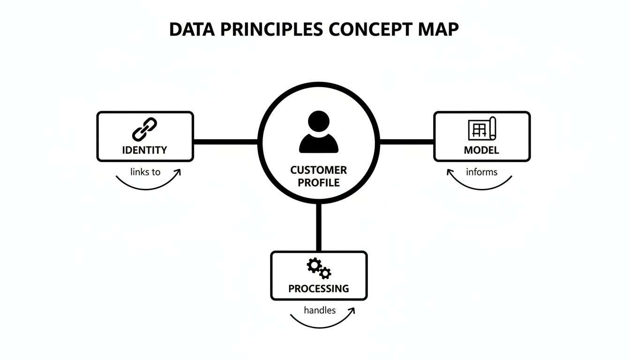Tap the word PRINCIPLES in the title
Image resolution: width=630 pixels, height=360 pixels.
(270, 29)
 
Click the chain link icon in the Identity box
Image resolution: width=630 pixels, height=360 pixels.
(144, 129)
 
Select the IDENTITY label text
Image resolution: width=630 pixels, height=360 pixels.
(144, 150)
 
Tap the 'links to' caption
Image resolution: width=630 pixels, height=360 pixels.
(145, 172)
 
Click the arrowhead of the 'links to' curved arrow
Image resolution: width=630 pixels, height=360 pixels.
(179, 172)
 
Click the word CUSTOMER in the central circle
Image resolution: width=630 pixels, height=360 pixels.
(318, 170)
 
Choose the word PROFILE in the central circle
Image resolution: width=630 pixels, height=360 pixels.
(318, 183)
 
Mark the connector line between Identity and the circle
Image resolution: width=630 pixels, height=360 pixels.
(226, 140)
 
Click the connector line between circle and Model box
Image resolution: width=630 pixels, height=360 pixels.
(407, 140)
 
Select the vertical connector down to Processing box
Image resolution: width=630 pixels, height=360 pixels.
(319, 227)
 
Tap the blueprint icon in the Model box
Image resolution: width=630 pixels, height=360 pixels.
(482, 128)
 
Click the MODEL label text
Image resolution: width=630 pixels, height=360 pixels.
(481, 150)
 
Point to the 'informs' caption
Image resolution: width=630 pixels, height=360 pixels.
(481, 172)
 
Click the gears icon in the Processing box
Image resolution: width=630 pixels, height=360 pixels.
(319, 269)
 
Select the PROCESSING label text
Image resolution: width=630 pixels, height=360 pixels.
(319, 289)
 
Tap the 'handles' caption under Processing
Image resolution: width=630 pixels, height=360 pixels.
(320, 310)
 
